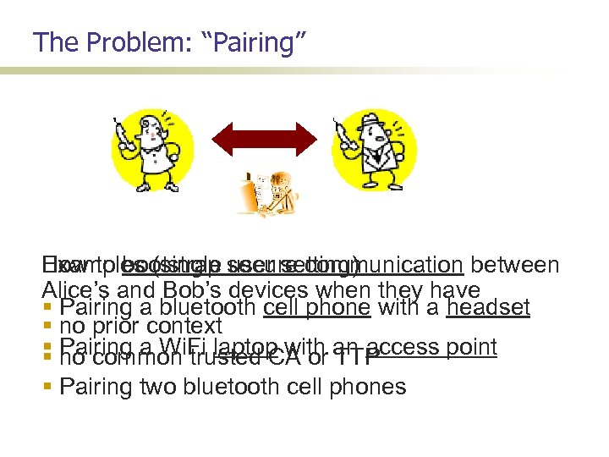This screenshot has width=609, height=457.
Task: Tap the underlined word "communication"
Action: coord(403,266)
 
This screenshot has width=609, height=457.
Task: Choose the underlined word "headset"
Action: coord(489,307)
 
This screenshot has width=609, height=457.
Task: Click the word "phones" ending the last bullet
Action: coord(366,388)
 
